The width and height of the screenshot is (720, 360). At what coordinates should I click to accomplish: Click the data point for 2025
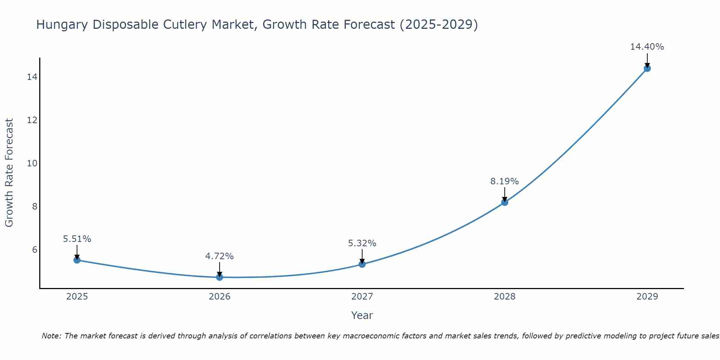pyautogui.click(x=77, y=260)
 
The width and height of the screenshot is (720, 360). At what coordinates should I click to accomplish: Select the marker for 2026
pyautogui.click(x=220, y=277)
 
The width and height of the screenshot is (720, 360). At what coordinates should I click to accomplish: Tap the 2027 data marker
pyautogui.click(x=362, y=264)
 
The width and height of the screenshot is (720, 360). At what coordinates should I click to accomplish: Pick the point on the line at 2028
pyautogui.click(x=505, y=202)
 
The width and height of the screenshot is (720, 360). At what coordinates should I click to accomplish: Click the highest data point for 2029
pyautogui.click(x=647, y=68)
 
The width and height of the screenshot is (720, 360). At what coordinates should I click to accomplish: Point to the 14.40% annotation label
pyautogui.click(x=647, y=47)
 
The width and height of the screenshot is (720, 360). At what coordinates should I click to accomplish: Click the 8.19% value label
pyautogui.click(x=504, y=181)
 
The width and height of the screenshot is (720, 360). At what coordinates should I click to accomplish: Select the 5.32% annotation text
pyautogui.click(x=362, y=243)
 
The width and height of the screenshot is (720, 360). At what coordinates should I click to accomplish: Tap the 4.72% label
pyautogui.click(x=219, y=256)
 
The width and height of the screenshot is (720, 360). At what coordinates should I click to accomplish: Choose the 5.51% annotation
pyautogui.click(x=77, y=239)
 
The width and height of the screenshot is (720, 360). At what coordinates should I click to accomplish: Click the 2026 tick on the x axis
pyautogui.click(x=220, y=297)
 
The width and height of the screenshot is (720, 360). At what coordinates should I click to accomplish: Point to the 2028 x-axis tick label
pyautogui.click(x=505, y=297)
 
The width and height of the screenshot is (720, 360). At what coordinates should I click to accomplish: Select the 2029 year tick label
pyautogui.click(x=647, y=297)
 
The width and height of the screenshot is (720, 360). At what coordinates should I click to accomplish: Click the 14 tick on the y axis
pyautogui.click(x=32, y=77)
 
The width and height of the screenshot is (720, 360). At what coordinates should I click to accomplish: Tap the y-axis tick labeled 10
pyautogui.click(x=32, y=163)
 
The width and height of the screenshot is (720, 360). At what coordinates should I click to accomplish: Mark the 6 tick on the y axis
pyautogui.click(x=35, y=250)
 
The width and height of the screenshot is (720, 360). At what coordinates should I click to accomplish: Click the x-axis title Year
pyautogui.click(x=362, y=315)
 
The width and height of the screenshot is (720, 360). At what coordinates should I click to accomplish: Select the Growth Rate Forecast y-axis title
pyautogui.click(x=9, y=173)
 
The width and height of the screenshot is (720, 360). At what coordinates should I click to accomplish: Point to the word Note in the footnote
pyautogui.click(x=52, y=336)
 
